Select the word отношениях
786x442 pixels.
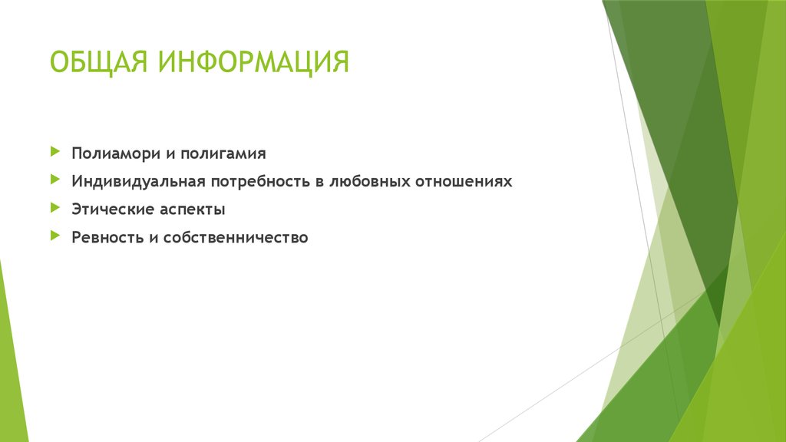tap(463, 182)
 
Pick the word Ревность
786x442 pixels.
tap(103, 237)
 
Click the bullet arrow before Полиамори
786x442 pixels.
tap(54, 152)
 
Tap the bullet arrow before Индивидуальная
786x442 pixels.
tap(54, 180)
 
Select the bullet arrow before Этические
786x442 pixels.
tap(54, 208)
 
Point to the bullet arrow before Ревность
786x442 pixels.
tap(54, 236)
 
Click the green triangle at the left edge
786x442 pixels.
tap(9, 361)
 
